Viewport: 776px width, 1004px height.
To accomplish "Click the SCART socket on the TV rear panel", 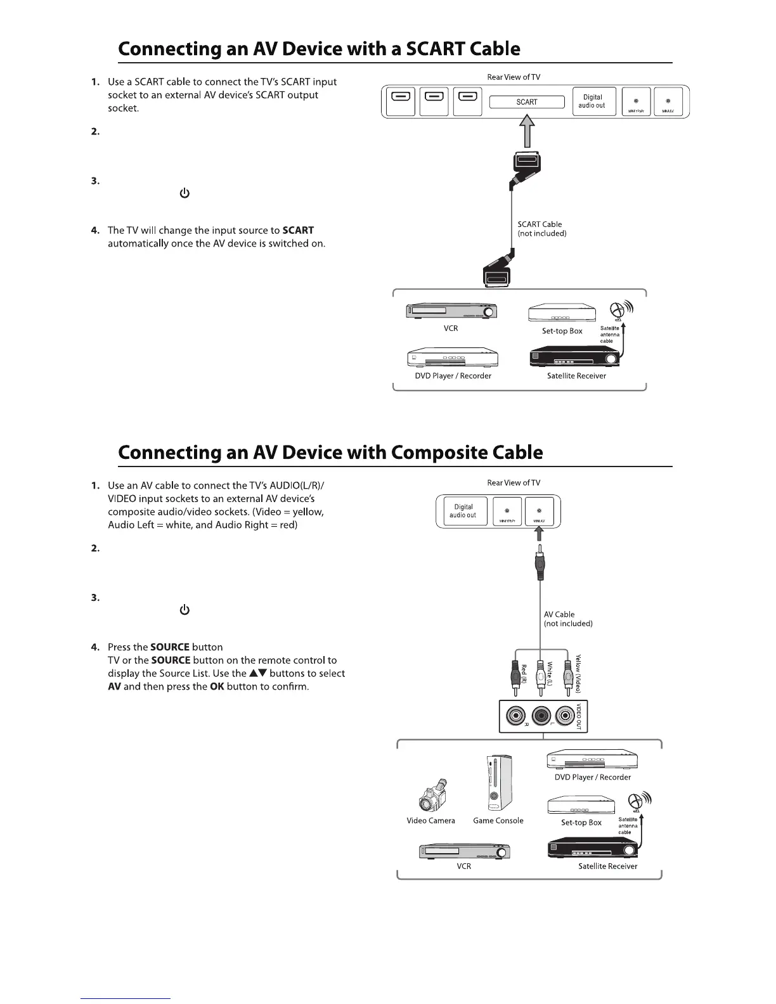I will pos(526,102).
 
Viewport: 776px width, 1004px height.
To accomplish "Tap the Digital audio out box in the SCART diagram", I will pos(593,101).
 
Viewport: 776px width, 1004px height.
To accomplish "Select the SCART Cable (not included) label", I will pos(541,229).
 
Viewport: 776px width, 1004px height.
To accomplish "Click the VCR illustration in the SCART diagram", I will pos(451,311).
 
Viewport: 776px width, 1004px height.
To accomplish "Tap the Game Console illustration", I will pos(498,783).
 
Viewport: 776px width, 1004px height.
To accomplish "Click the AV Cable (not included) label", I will pos(568,619).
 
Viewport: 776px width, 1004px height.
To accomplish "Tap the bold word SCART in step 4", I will pos(298,231).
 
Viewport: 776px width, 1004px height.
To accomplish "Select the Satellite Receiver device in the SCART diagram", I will pos(576,357).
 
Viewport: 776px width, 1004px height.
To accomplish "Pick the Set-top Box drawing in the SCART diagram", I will pos(562,312).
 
